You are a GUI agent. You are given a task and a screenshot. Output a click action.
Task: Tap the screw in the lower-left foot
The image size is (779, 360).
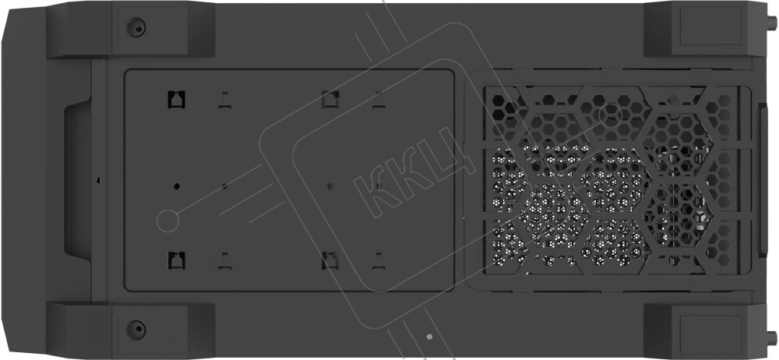pyautogui.click(x=136, y=329)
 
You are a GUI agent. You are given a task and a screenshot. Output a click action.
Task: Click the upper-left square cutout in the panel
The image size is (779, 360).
pyautogui.click(x=176, y=100)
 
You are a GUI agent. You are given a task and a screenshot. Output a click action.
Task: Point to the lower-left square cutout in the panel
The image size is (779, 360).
pyautogui.click(x=176, y=260)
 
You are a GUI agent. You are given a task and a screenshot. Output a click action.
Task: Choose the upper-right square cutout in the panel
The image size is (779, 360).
pyautogui.click(x=330, y=100)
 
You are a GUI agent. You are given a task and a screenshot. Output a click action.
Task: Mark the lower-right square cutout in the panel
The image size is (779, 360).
pyautogui.click(x=330, y=260)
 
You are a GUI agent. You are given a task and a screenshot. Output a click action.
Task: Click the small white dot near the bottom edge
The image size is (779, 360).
pyautogui.click(x=429, y=337)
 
